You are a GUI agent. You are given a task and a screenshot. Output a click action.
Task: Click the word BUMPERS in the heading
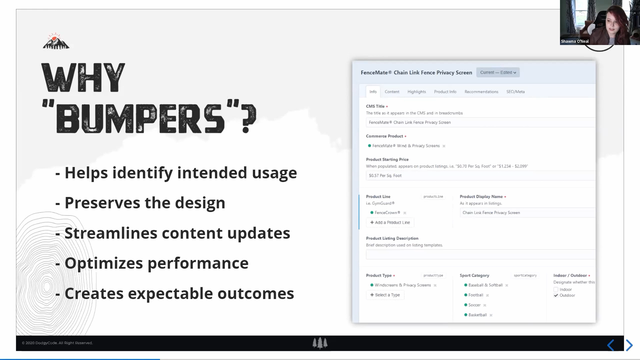coord(140,119)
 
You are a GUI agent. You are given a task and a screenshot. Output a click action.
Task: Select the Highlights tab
coord(417,92)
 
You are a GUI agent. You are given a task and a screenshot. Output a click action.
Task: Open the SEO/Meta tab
coord(515,92)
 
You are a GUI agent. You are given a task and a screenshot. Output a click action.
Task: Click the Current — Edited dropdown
coord(498,72)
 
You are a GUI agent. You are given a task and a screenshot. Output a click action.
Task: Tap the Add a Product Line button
coord(390,222)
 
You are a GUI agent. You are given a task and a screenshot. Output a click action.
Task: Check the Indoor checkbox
coord(556,289)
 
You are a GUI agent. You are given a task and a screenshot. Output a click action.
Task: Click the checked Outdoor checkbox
coord(556,295)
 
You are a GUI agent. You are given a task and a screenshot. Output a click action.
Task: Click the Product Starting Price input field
coord(480,175)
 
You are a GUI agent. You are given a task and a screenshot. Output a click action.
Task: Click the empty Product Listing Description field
coord(480,254)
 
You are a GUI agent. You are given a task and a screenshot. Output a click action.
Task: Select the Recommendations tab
coord(481,92)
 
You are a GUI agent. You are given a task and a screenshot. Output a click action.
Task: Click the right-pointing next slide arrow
coord(629,345)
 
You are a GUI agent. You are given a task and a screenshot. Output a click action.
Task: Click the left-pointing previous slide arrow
coord(611,345)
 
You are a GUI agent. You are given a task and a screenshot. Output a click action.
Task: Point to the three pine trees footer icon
coord(320,343)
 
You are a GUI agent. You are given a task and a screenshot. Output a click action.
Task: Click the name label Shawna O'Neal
coord(575,41)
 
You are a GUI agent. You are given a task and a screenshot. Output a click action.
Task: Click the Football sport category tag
coord(476,295)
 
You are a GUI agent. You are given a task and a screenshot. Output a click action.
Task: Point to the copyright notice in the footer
coord(57,343)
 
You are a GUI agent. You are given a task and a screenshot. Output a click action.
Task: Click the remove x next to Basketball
coord(491,315)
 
